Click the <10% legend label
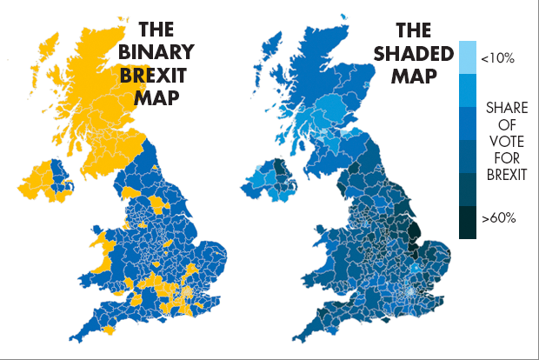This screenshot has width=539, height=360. [x=497, y=57]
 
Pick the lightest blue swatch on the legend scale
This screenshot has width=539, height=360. [x=467, y=57]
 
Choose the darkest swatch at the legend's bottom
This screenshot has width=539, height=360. [x=467, y=222]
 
